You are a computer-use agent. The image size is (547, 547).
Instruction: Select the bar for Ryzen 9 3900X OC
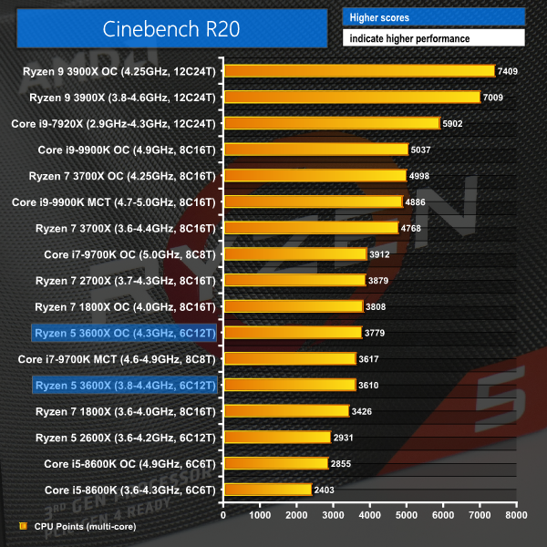click(x=358, y=70)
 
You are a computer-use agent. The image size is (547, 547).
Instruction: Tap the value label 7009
click(x=495, y=97)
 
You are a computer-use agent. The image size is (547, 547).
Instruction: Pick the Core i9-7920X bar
click(x=331, y=122)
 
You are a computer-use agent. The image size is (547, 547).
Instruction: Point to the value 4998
click(x=423, y=175)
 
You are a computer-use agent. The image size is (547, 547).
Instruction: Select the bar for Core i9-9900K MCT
click(x=313, y=201)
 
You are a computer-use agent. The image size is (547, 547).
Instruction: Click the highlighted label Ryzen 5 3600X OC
click(x=125, y=333)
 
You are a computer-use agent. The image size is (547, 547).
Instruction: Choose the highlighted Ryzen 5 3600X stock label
click(x=125, y=386)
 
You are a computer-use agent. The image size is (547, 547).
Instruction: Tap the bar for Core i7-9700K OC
click(x=294, y=254)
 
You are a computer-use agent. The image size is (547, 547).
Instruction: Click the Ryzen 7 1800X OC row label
click(x=125, y=306)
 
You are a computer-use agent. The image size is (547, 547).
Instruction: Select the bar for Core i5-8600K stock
click(x=267, y=490)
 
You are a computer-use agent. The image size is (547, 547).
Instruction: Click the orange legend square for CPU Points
click(x=23, y=526)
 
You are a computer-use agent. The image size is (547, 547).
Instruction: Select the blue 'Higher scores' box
click(x=433, y=17)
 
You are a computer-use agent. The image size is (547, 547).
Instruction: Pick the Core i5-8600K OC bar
click(x=275, y=464)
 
